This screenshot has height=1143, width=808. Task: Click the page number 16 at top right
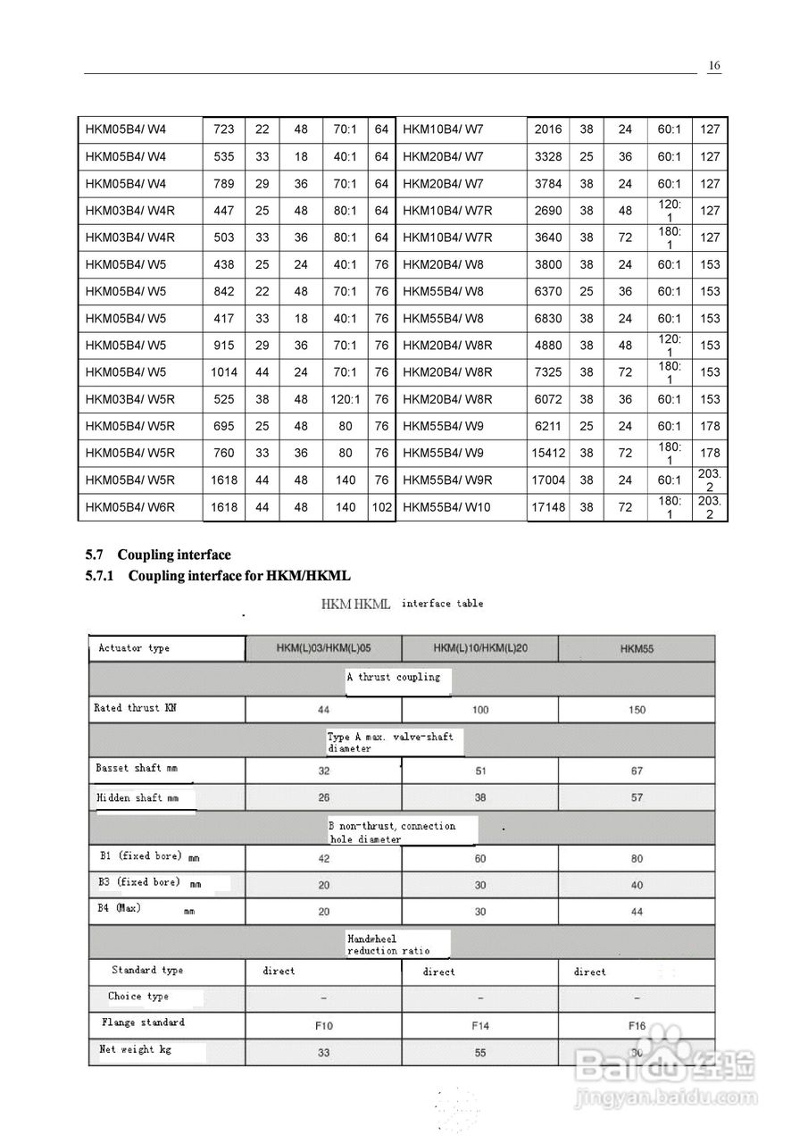(x=714, y=65)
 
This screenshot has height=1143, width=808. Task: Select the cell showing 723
(x=224, y=129)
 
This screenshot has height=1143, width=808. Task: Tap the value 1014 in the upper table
(x=224, y=372)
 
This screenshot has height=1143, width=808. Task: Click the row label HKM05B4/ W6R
(x=130, y=507)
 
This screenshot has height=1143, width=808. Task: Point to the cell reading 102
(x=382, y=507)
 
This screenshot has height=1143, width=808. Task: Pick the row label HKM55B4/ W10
(x=447, y=507)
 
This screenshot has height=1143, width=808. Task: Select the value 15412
(x=548, y=453)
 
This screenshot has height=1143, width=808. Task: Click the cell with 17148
(x=548, y=507)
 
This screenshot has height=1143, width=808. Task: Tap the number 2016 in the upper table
(x=548, y=129)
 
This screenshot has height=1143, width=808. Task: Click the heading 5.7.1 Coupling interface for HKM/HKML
(x=224, y=576)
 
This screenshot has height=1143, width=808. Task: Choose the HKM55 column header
(x=637, y=649)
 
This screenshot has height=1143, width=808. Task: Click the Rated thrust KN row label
(x=136, y=708)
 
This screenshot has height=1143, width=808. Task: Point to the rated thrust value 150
(x=637, y=710)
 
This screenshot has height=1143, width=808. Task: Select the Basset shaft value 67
(x=637, y=771)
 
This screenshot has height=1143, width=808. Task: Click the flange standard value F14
(x=480, y=1026)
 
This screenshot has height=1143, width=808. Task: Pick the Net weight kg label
(x=135, y=1050)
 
